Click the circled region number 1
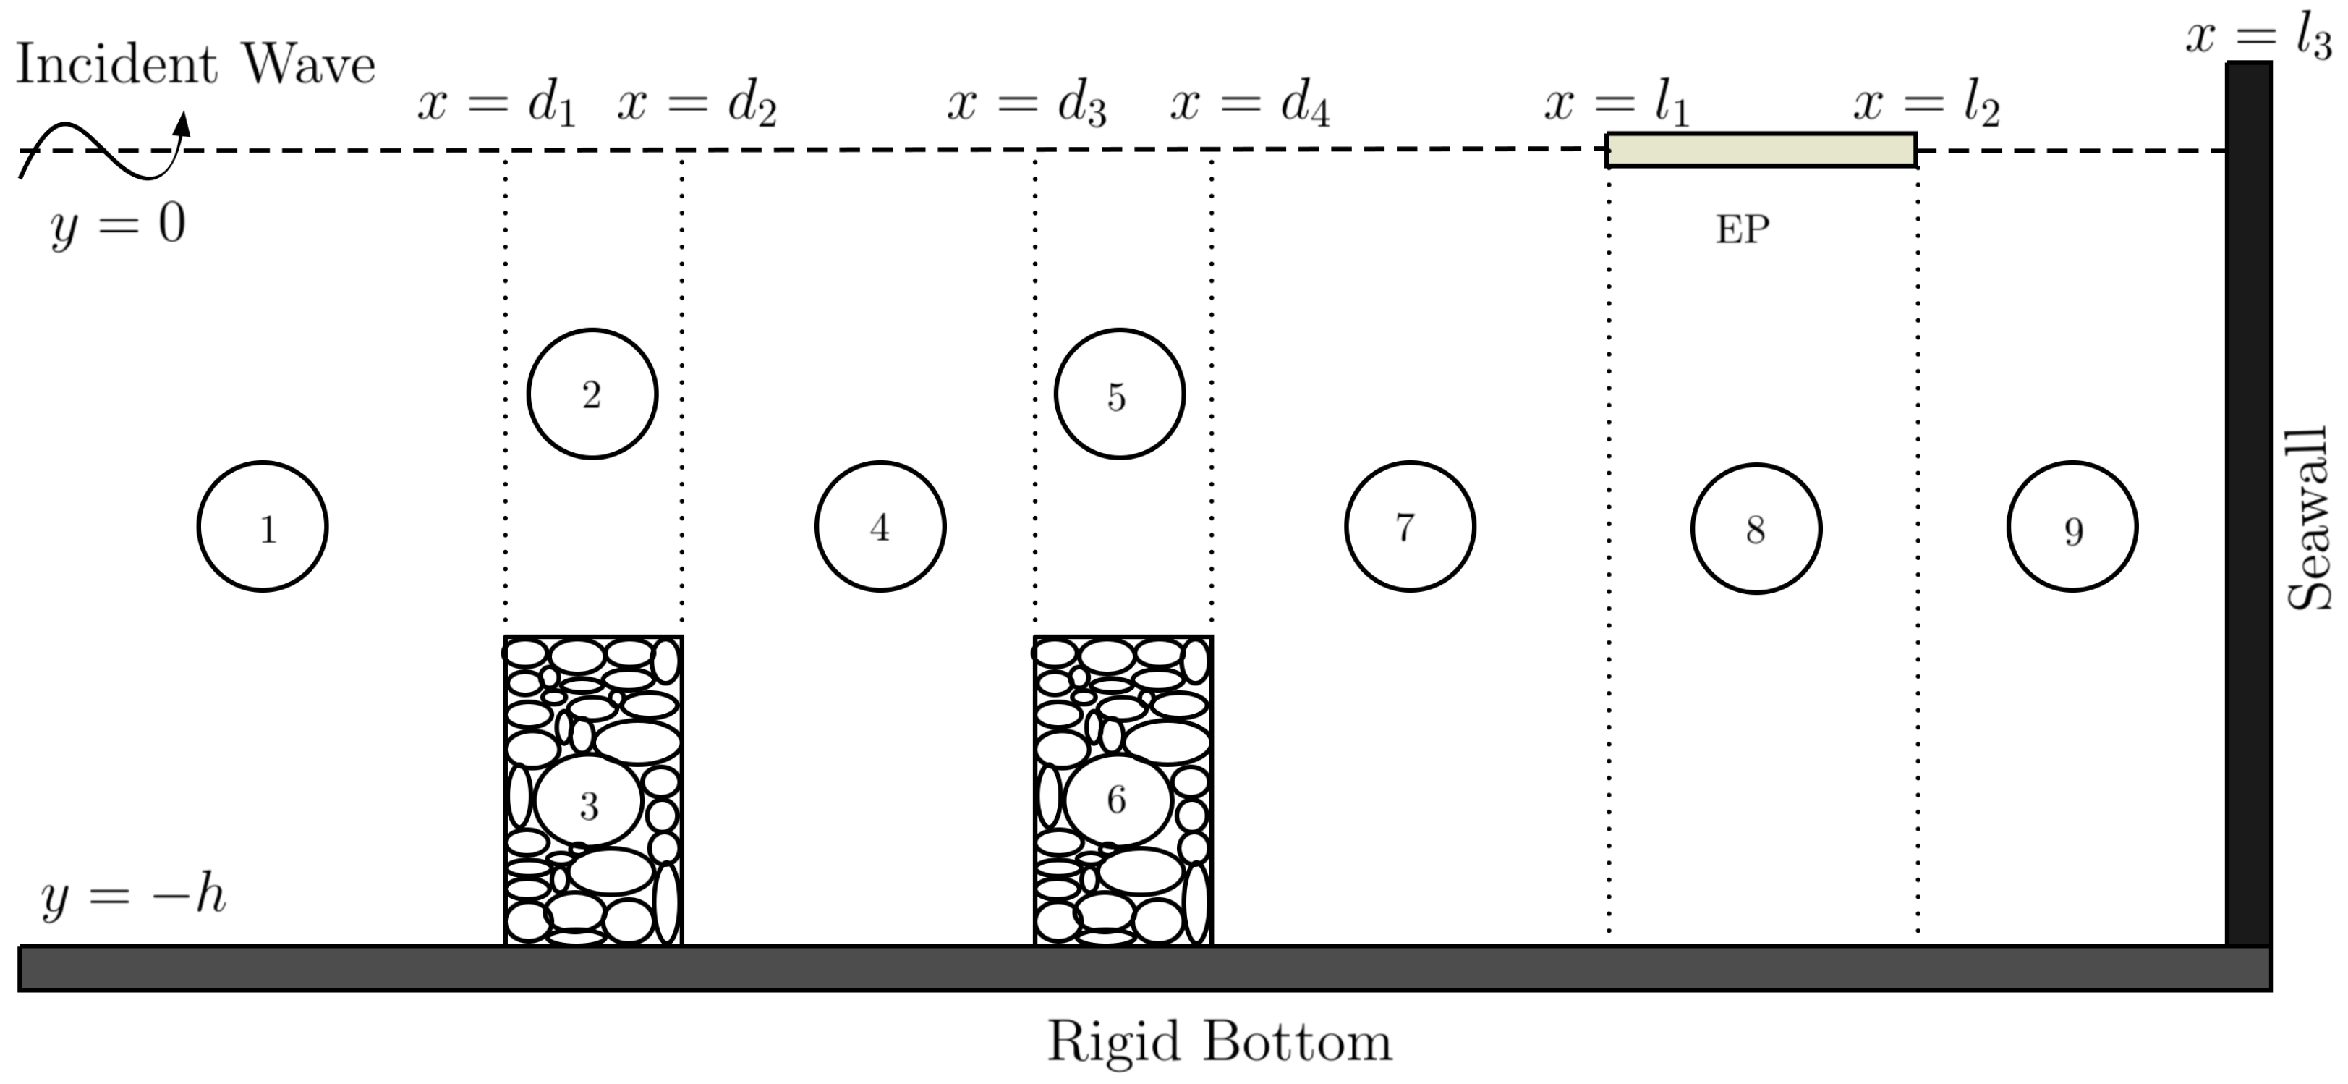click(263, 527)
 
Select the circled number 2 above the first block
click(592, 394)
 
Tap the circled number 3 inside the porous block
click(589, 803)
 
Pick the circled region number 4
click(880, 527)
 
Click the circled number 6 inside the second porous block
click(1117, 800)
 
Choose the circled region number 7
click(1409, 527)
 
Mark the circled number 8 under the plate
click(1756, 529)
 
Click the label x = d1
click(497, 106)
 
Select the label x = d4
click(1250, 106)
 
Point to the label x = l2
click(1926, 106)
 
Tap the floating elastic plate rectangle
click(1761, 150)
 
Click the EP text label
click(1742, 229)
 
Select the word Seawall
click(2310, 518)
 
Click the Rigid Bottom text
click(1219, 1041)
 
